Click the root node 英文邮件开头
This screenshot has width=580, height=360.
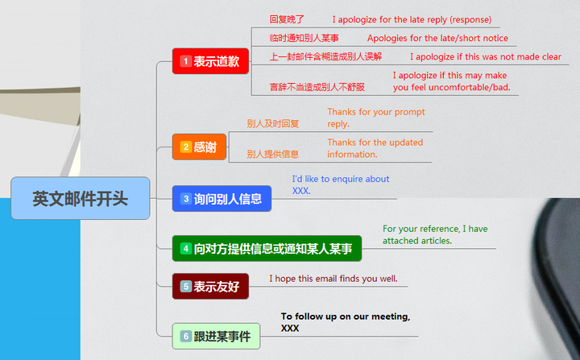(81, 198)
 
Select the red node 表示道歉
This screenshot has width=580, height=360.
(210, 61)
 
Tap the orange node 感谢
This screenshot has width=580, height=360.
(199, 147)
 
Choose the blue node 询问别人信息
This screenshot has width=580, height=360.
(222, 198)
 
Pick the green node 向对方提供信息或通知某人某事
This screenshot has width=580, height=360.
(267, 249)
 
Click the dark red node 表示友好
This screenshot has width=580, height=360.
(210, 286)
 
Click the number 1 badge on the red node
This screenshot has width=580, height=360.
(185, 61)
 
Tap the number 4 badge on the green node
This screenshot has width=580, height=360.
(185, 249)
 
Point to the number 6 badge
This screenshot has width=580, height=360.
(185, 336)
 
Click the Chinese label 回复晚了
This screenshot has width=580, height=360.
(287, 19)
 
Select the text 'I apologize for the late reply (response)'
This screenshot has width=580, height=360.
(411, 19)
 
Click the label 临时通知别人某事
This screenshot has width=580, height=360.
(304, 38)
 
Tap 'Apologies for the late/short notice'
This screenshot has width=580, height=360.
(437, 38)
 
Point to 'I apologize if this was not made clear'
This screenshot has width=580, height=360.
(485, 57)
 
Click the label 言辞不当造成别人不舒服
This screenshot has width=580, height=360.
(317, 87)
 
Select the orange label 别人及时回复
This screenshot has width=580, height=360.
(272, 123)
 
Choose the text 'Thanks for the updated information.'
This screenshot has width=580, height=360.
(375, 148)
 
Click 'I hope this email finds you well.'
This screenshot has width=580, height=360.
(333, 279)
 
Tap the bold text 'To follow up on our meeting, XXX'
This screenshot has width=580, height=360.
(345, 322)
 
